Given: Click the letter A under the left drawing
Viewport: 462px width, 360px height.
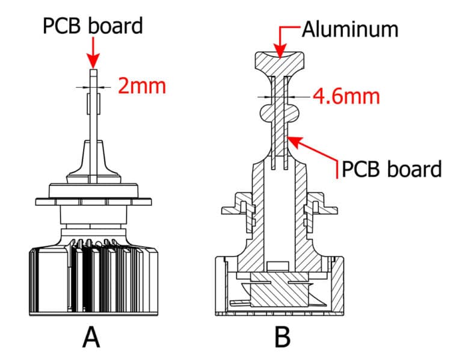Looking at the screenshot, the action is pyautogui.click(x=91, y=338).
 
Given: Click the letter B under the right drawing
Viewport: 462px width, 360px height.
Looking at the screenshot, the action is pyautogui.click(x=282, y=338).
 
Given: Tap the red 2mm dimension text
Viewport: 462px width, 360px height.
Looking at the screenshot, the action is pyautogui.click(x=142, y=86).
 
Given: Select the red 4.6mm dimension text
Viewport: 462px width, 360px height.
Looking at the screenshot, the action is pyautogui.click(x=346, y=96).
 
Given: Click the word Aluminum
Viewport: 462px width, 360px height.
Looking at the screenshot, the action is pyautogui.click(x=350, y=29).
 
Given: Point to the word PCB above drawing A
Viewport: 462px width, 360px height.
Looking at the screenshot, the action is pyautogui.click(x=61, y=26).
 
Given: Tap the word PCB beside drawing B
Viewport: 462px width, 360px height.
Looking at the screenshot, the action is pyautogui.click(x=360, y=169).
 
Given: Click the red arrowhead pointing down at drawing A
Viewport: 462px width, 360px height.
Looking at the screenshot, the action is pyautogui.click(x=93, y=61).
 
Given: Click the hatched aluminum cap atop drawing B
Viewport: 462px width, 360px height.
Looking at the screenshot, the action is pyautogui.click(x=279, y=63).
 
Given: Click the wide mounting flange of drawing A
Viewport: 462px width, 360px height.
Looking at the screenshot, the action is pyautogui.click(x=93, y=202).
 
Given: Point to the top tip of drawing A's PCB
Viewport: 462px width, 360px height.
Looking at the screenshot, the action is pyautogui.click(x=93, y=70).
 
